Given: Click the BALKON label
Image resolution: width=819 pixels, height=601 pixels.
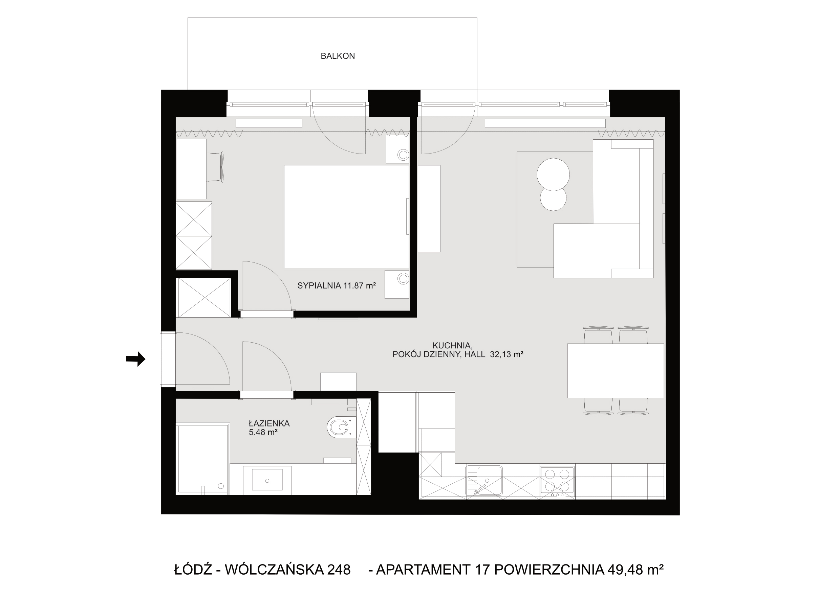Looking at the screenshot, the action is [x=338, y=56].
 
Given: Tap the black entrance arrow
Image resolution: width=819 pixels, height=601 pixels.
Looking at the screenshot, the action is [x=135, y=359].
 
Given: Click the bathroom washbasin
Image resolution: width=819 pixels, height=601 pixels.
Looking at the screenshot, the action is [x=267, y=481].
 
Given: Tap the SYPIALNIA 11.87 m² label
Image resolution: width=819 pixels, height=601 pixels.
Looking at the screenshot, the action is [x=337, y=285].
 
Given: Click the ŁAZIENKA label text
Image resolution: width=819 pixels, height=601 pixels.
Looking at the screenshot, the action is [x=269, y=423].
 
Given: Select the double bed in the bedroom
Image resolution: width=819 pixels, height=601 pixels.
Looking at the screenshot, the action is [x=346, y=216].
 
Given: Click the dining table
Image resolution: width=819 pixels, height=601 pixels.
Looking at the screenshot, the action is [x=616, y=371].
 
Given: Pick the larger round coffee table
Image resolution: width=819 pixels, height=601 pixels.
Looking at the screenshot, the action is [x=553, y=174].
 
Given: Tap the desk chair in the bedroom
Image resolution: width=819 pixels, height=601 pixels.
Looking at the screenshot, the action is [x=215, y=167].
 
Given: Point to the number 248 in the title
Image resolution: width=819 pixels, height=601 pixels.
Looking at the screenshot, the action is [x=339, y=569].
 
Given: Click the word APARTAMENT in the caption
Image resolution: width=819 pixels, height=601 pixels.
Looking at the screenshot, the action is [x=423, y=569].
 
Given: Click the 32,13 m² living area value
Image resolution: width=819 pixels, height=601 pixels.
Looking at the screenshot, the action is [x=507, y=354].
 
